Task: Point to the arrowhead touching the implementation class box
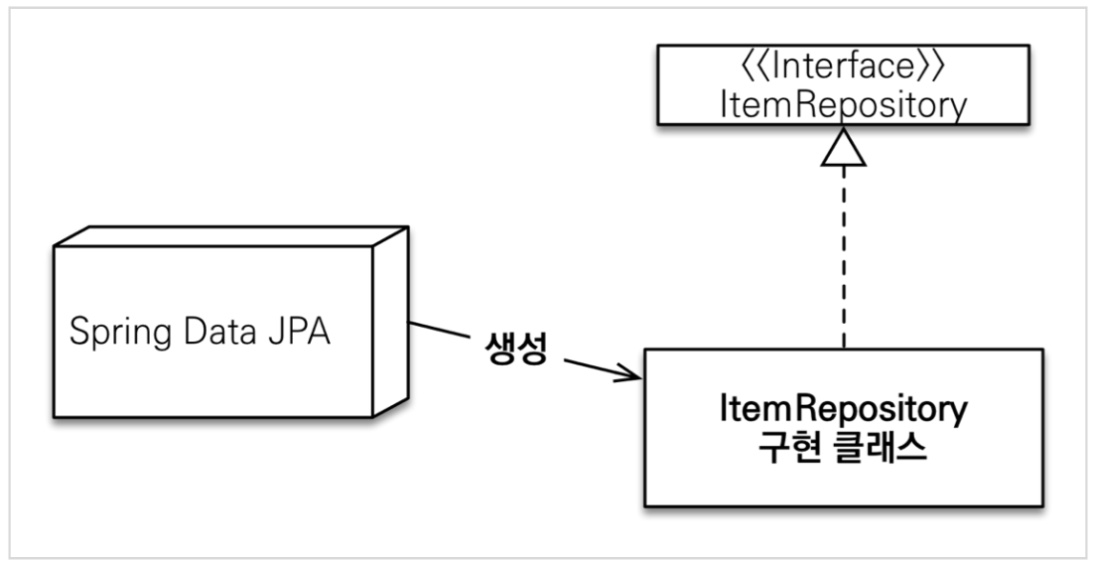click(x=631, y=376)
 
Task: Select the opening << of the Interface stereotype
click(x=748, y=72)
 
